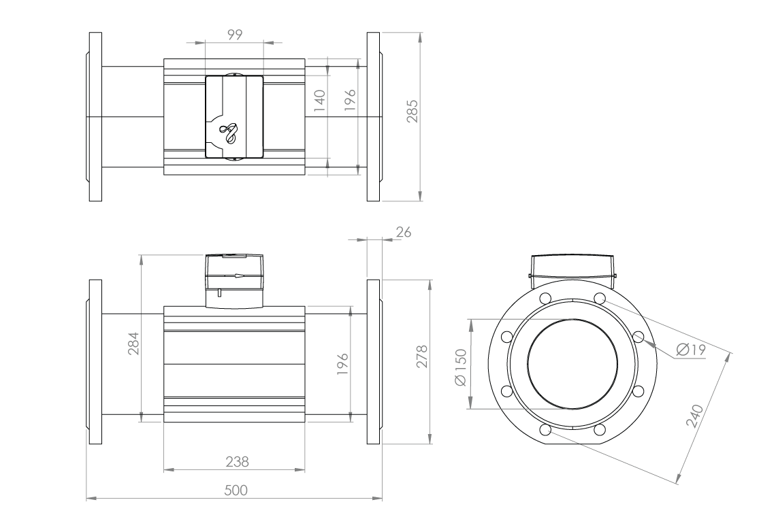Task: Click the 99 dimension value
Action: click(x=235, y=33)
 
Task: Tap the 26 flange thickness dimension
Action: click(x=403, y=232)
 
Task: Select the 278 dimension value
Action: click(x=422, y=356)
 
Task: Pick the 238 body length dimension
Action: click(x=236, y=461)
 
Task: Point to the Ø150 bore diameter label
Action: click(x=461, y=367)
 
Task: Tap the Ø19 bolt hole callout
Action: click(x=691, y=350)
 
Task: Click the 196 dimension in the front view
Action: click(x=342, y=364)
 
